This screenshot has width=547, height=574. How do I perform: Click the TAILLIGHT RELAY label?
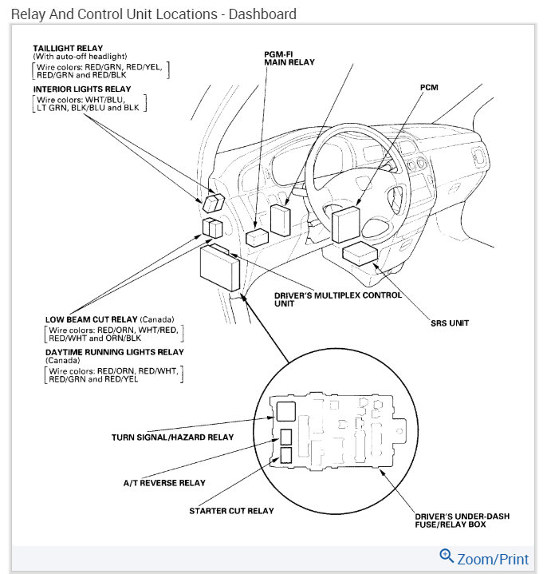pyautogui.click(x=68, y=49)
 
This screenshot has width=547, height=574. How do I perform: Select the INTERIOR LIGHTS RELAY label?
pyautogui.click(x=82, y=89)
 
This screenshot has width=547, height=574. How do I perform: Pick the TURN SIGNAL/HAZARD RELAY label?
pyautogui.click(x=172, y=437)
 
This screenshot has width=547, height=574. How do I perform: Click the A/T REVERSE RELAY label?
pyautogui.click(x=164, y=483)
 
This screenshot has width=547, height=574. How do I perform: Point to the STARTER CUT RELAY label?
pyautogui.click(x=231, y=511)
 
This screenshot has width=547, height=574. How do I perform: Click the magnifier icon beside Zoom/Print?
pyautogui.click(x=447, y=556)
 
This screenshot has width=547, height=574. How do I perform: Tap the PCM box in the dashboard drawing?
pyautogui.click(x=347, y=224)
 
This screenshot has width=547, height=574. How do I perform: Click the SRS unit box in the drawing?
pyautogui.click(x=360, y=254)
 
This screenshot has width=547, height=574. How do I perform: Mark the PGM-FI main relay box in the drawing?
pyautogui.click(x=280, y=220)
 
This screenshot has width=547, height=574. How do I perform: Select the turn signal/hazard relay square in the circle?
pyautogui.click(x=285, y=410)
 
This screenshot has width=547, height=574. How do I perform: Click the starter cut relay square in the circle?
pyautogui.click(x=285, y=455)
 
